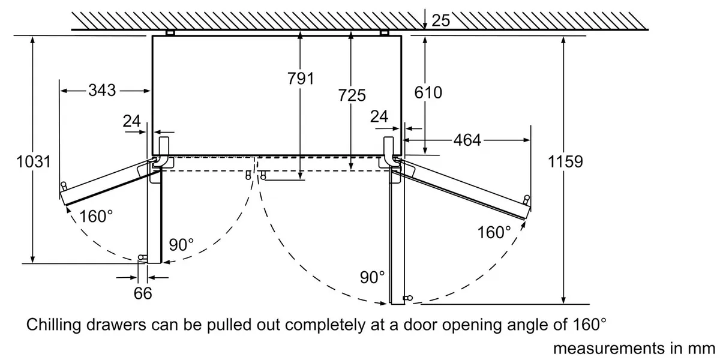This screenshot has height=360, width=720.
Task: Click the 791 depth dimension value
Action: point(301,79)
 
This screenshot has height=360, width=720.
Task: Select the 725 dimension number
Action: point(352,95)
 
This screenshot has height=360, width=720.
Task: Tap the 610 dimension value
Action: point(428,92)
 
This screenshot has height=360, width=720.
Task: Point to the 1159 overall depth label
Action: point(565,161)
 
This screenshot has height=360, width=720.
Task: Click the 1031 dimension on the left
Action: point(34,161)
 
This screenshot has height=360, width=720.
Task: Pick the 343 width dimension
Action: point(102,91)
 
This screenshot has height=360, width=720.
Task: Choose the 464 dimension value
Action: point(467,140)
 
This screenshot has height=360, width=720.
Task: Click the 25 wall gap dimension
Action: point(440,20)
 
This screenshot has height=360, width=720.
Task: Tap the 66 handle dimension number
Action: point(143,293)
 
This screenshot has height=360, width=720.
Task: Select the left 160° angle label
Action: point(96,216)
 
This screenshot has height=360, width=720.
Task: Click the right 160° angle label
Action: point(494,232)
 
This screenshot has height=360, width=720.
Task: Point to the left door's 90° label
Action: point(181,245)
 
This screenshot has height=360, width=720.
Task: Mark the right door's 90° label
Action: point(372,277)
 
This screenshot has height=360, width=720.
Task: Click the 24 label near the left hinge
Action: point(132,121)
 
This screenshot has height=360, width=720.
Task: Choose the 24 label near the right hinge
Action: point(379,116)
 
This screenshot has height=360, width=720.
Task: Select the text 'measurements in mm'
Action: point(634,349)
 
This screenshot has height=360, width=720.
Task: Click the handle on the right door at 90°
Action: point(408,298)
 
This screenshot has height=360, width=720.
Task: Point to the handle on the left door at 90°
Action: point(142,257)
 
